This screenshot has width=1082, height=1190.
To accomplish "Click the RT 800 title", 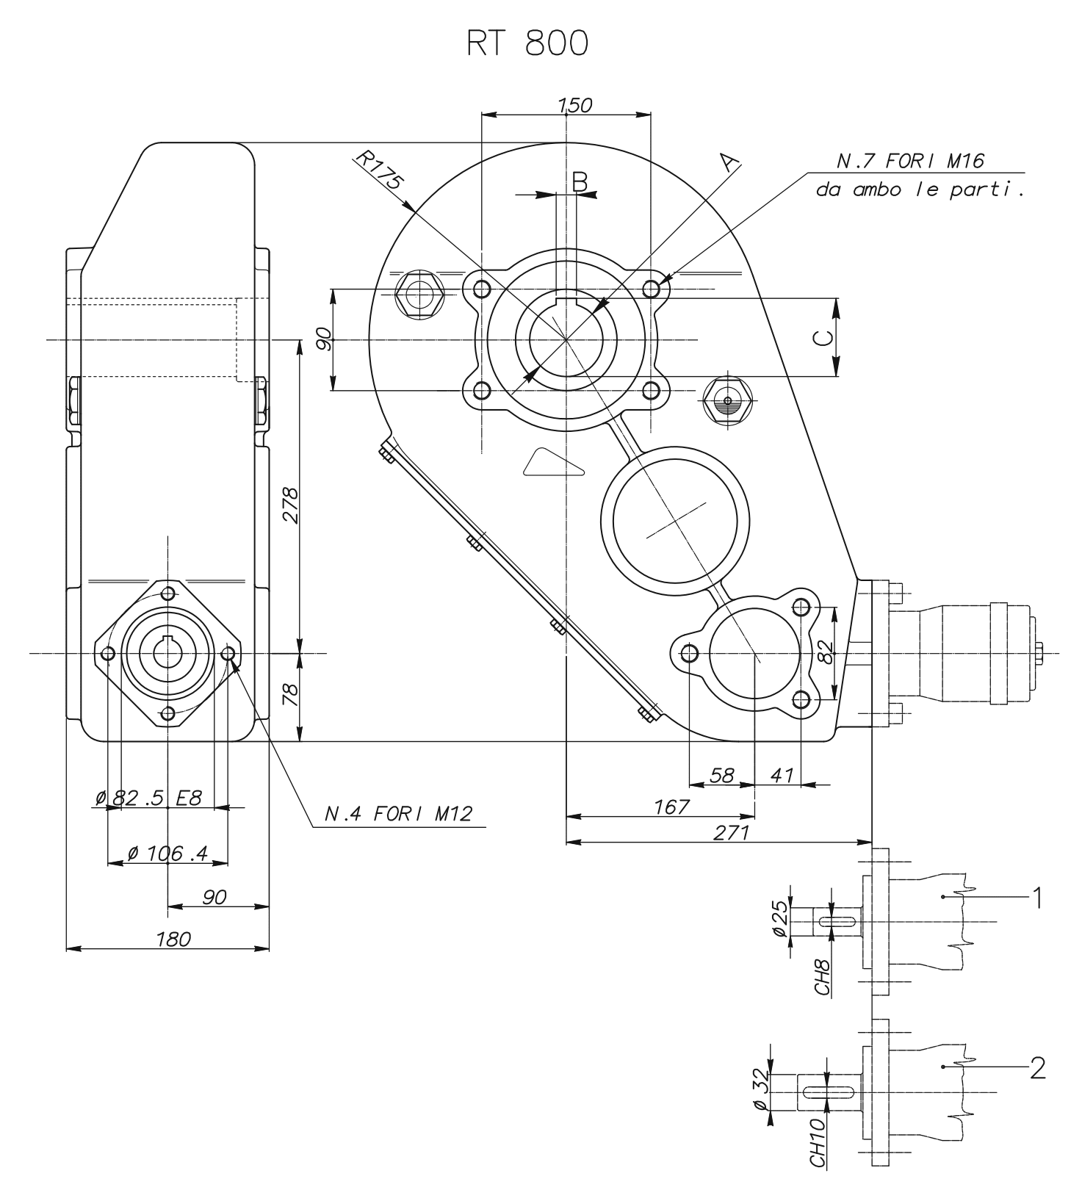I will (x=527, y=45).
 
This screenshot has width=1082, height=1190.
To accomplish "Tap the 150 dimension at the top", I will (x=574, y=105).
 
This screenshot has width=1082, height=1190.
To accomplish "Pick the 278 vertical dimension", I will (x=290, y=505).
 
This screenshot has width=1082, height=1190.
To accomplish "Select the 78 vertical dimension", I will (x=290, y=694).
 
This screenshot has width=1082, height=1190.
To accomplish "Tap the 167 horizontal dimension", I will (x=671, y=807).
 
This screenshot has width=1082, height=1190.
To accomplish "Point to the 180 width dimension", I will (x=173, y=939).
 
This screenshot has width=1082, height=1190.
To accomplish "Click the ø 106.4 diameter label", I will (x=167, y=854).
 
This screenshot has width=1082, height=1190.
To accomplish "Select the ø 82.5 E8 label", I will (x=148, y=798).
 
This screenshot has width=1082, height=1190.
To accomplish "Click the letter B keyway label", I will (x=580, y=181).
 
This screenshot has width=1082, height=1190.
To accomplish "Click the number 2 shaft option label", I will (x=1037, y=1067).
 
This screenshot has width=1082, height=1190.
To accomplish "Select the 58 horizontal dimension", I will (x=723, y=775).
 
